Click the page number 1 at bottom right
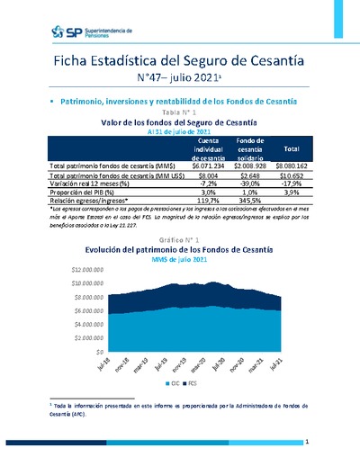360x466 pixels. point(308,443)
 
